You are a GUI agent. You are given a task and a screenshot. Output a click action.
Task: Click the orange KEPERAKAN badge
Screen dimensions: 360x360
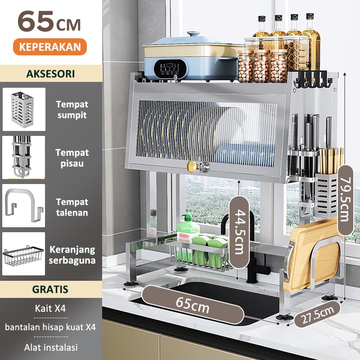(x=50, y=47)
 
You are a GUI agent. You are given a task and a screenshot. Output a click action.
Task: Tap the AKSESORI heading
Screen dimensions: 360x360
(x=50, y=74)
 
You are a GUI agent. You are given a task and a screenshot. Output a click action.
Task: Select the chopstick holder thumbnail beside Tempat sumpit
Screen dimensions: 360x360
(x=24, y=109)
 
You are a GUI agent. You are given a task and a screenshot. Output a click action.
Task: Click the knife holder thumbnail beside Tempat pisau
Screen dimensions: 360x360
(x=24, y=157)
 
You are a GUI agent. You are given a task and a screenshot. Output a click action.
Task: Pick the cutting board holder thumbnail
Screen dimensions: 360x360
(x=24, y=206)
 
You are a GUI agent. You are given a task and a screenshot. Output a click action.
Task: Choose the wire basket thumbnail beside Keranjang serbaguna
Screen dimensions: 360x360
(x=24, y=254)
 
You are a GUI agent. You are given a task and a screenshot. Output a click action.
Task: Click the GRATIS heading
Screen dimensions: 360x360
(x=50, y=289)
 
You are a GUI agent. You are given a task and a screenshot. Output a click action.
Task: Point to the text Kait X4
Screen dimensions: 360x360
(x=50, y=308)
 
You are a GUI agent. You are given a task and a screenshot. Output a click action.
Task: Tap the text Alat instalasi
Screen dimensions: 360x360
(x=51, y=347)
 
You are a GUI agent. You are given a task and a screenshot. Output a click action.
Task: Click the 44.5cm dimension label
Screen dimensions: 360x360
(x=239, y=232)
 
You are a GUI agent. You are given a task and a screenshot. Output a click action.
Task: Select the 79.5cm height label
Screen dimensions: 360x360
(x=346, y=200)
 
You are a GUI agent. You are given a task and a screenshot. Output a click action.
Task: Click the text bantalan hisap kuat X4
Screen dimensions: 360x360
(x=50, y=327)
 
